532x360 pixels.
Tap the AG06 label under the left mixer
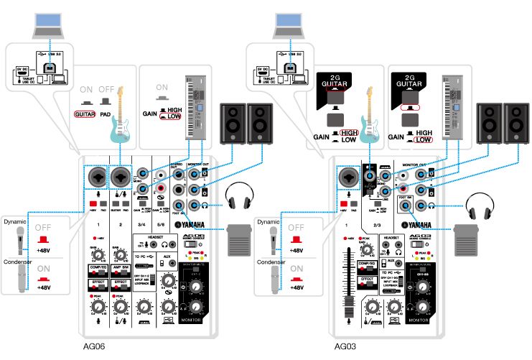point(94,346)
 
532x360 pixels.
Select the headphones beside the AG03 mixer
point(480,209)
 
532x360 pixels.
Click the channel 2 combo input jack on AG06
point(119,175)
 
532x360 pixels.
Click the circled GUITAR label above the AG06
point(85,114)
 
